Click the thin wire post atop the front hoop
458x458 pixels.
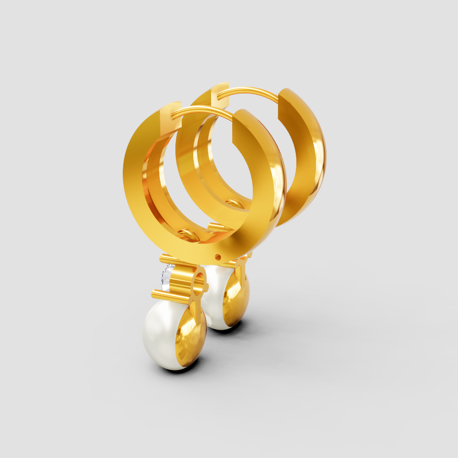(202, 111)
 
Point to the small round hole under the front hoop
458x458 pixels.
(218, 257)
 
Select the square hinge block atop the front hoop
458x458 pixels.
(171, 112)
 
